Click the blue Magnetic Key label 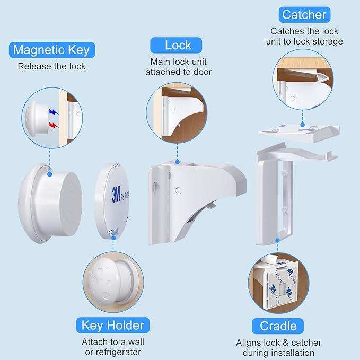tap(51, 50)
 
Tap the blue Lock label tap(177, 45)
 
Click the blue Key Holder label tap(112, 324)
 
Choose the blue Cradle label tap(278, 325)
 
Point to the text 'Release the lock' tap(51, 66)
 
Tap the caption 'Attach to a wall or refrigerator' tap(112, 347)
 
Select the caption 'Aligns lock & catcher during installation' tap(278, 348)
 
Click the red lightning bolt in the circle tap(52, 125)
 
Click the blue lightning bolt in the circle tap(52, 113)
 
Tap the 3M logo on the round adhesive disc tap(116, 195)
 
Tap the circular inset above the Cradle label tap(278, 280)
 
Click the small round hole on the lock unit tap(178, 189)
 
